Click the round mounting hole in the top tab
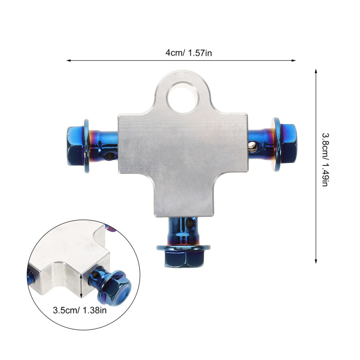183,97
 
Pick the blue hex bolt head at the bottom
184,259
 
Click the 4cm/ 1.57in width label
189,53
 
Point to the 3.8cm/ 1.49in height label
325,160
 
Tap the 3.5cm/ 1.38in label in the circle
80,310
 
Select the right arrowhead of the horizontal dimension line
294,61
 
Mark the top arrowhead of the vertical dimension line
316,71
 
